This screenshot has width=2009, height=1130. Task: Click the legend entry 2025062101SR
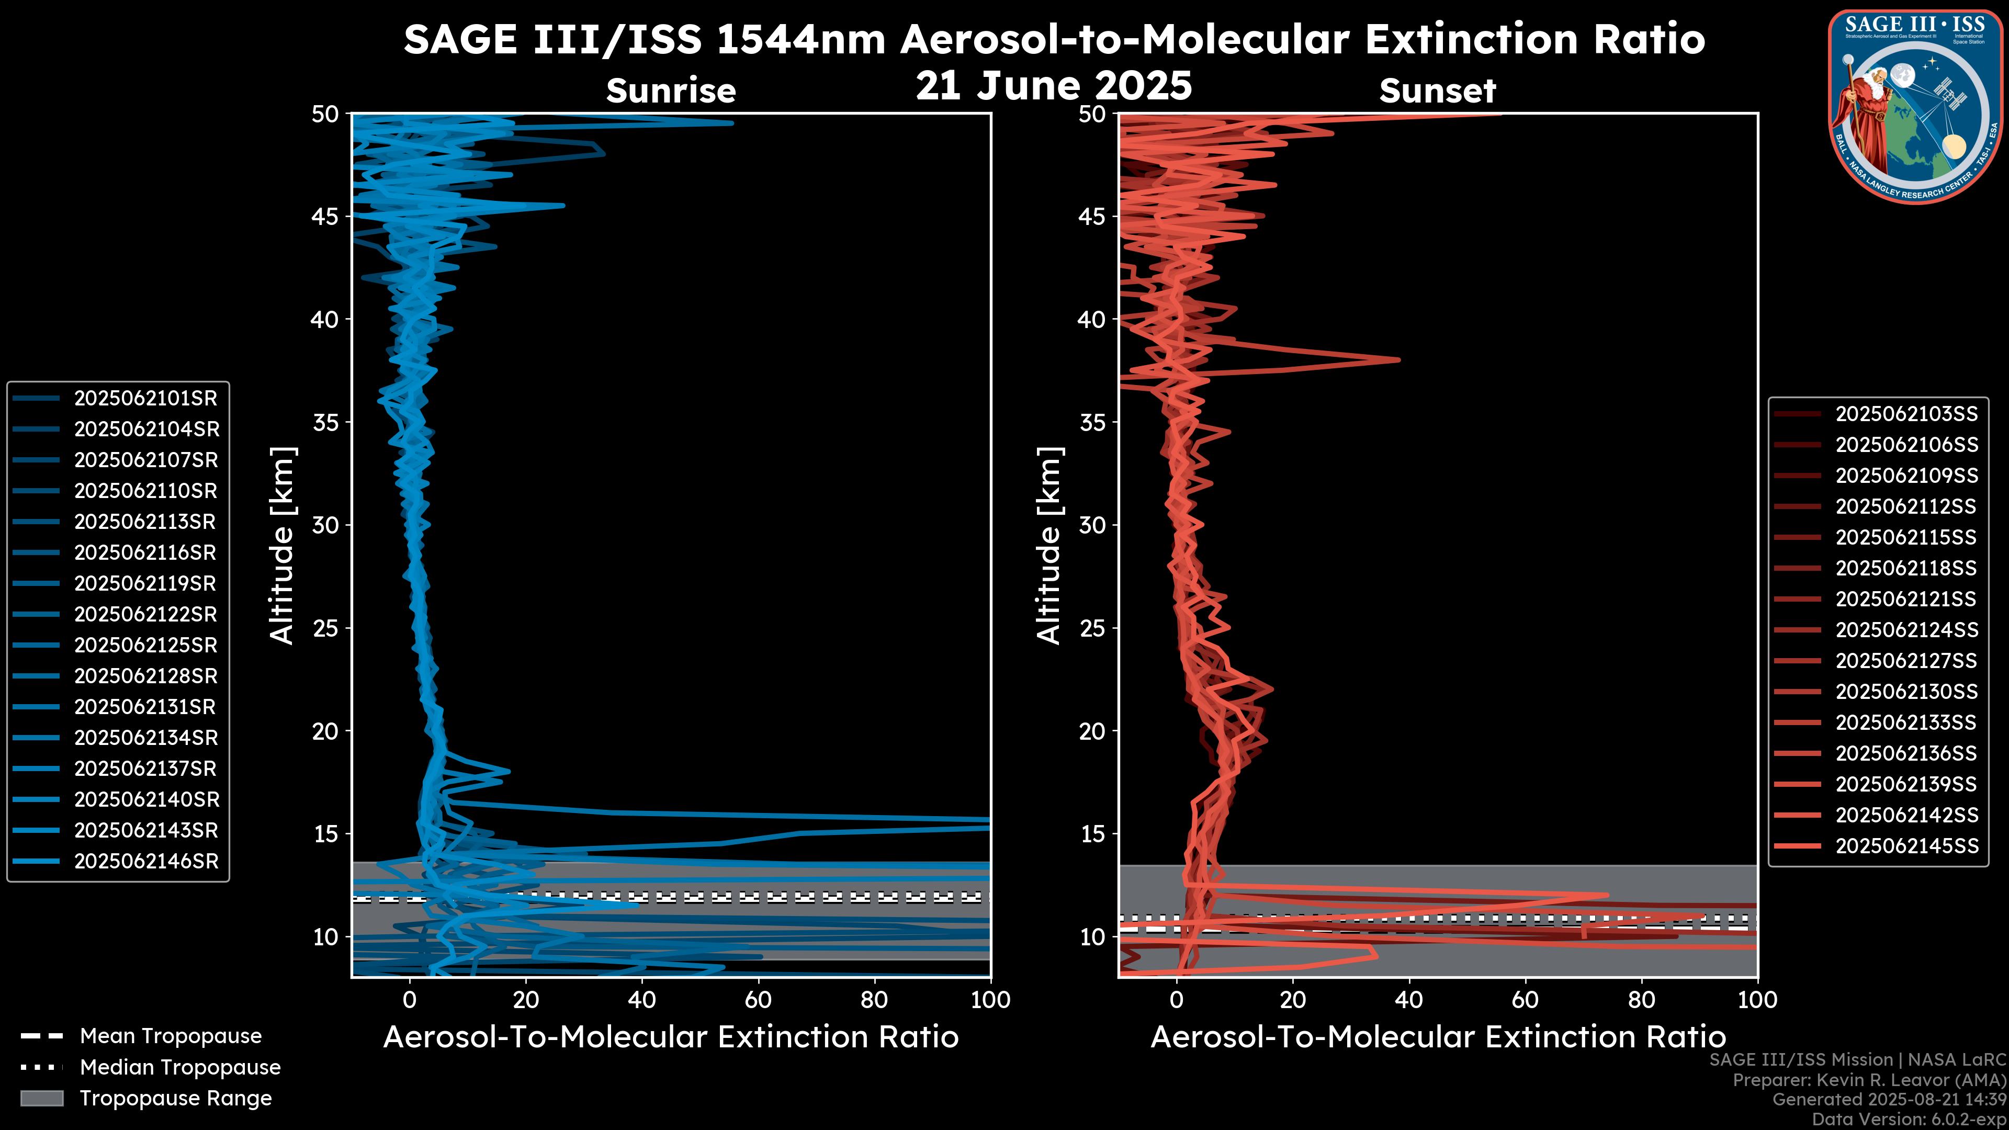(x=145, y=399)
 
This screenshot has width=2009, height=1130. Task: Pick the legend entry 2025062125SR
(x=145, y=646)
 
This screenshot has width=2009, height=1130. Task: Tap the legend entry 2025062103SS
(x=1906, y=414)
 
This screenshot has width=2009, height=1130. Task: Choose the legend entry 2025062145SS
(x=1906, y=846)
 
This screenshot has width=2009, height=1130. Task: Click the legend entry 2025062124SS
(x=1906, y=630)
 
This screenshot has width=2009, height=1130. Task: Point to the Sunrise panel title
(x=671, y=91)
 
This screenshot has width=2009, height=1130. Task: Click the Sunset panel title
(x=1437, y=91)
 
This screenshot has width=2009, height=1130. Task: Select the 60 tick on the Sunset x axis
(x=1526, y=1000)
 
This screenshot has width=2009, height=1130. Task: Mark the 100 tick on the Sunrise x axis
(x=990, y=1000)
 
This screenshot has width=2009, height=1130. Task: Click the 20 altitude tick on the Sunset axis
(x=1092, y=731)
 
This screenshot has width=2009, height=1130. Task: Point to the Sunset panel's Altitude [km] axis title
(x=1049, y=546)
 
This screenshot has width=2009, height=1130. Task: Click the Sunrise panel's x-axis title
(x=671, y=1037)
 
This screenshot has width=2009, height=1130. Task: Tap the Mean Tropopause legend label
(x=171, y=1036)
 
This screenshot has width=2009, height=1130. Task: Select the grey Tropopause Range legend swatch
(x=42, y=1098)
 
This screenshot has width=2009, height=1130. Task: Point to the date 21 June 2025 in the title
(x=1054, y=85)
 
